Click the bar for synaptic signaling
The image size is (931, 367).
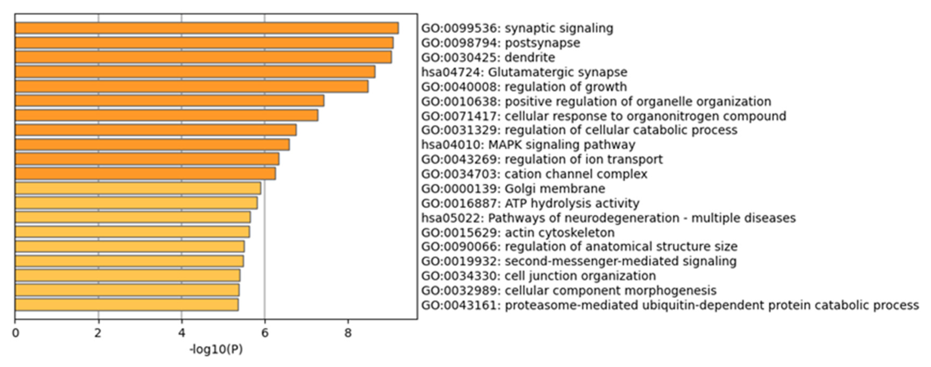[207, 28]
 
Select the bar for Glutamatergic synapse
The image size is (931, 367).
[195, 72]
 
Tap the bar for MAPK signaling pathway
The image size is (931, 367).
[152, 145]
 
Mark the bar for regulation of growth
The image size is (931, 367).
[192, 86]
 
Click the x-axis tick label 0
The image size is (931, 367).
[15, 333]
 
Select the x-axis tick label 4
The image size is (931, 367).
[181, 333]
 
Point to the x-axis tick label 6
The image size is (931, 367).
[265, 333]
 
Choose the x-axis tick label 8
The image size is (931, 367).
[348, 333]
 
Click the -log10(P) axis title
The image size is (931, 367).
[216, 350]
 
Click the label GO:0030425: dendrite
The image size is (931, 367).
[488, 58]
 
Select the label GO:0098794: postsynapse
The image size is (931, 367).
[501, 43]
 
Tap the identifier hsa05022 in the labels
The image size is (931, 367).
[452, 218]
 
